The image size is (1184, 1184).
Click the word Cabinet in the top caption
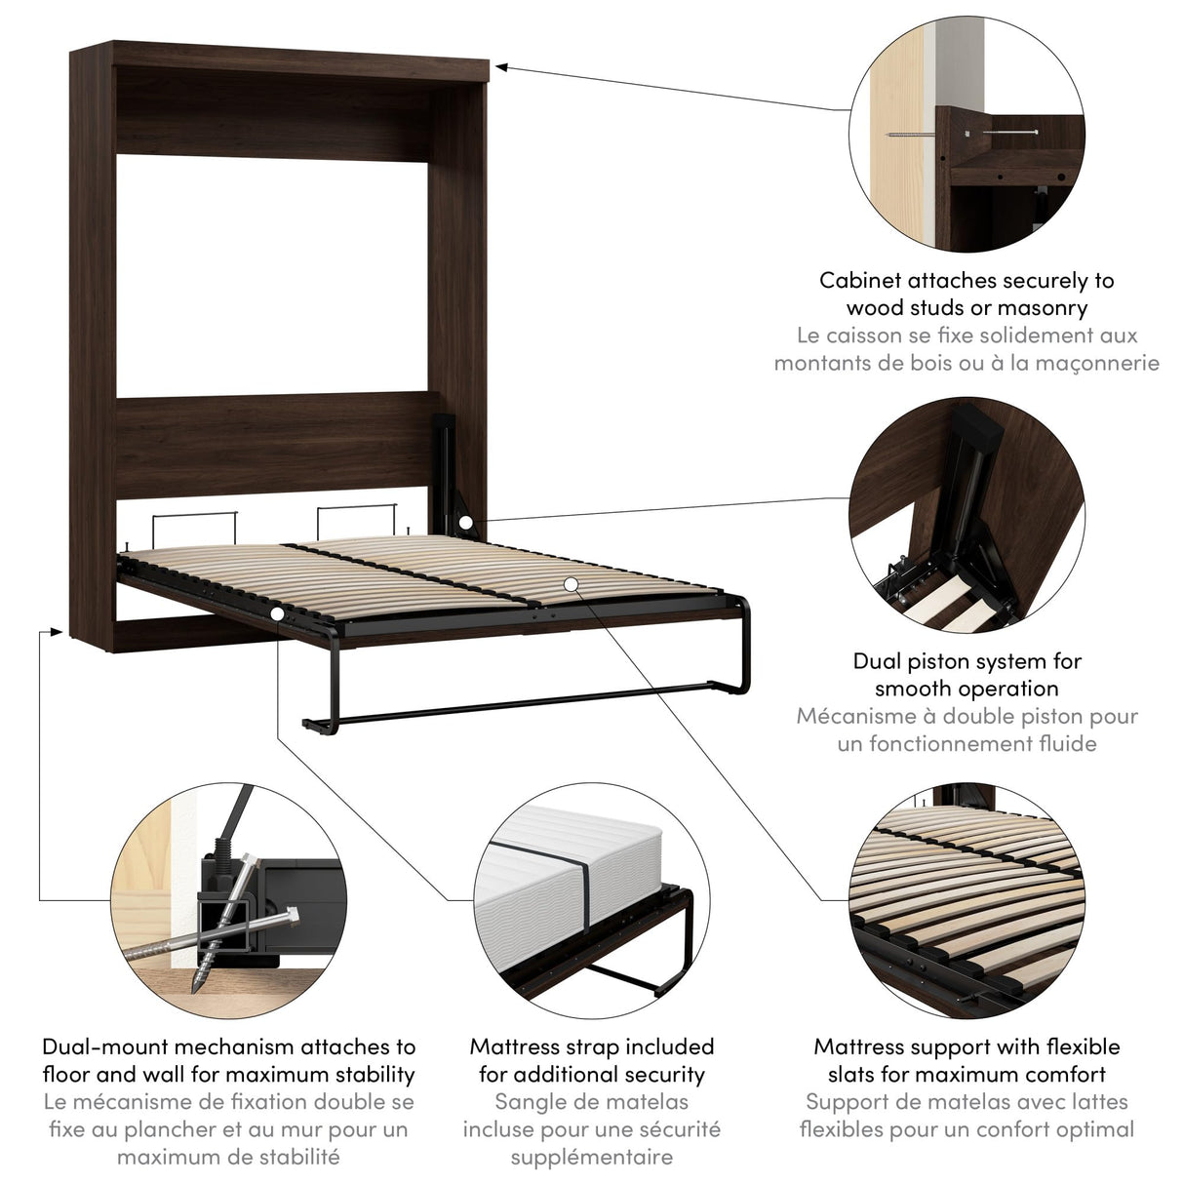tap(860, 281)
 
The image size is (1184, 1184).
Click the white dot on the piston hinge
tap(466, 524)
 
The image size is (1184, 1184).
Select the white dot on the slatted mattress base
tap(571, 583)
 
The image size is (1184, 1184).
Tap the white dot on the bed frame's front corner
tap(278, 613)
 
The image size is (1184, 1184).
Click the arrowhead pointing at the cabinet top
tap(500, 66)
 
